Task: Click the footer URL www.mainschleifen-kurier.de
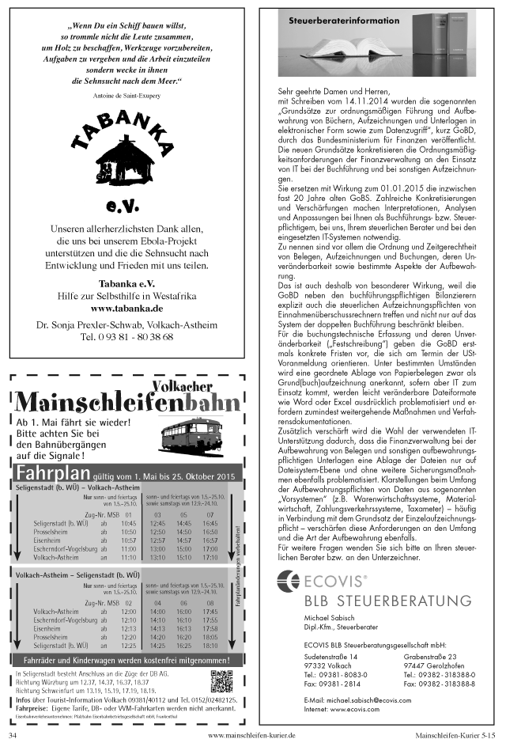tap(251, 734)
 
